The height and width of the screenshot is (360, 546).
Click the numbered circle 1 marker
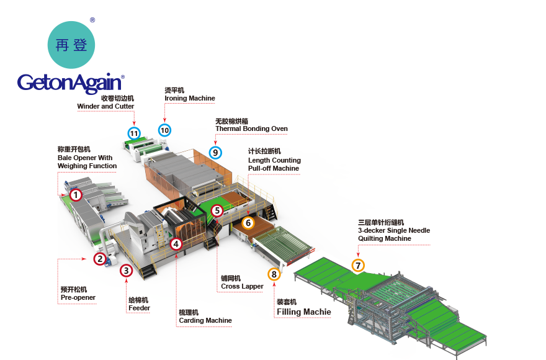(76, 195)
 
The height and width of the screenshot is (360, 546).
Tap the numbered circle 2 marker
(100, 259)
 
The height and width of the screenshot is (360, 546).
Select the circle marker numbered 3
(126, 270)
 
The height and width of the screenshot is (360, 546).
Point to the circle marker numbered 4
(176, 244)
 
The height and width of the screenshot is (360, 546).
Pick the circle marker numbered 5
(217, 210)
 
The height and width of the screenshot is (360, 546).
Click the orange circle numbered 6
(248, 222)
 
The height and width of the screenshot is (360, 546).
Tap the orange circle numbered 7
(358, 266)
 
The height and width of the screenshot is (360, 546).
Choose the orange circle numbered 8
(274, 274)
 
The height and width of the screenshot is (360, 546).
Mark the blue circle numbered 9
(215, 152)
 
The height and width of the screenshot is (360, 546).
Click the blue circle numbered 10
(164, 130)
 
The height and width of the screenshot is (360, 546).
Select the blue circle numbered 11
(133, 133)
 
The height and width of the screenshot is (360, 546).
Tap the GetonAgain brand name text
(70, 82)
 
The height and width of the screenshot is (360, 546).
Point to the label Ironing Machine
(190, 98)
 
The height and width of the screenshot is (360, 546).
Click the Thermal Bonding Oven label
(251, 128)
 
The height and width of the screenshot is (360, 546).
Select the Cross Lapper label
(242, 286)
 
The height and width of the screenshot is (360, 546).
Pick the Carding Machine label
(205, 320)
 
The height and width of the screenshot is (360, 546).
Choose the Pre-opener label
(78, 297)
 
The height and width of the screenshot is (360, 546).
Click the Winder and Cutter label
(105, 106)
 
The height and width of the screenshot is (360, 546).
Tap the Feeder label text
(139, 308)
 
